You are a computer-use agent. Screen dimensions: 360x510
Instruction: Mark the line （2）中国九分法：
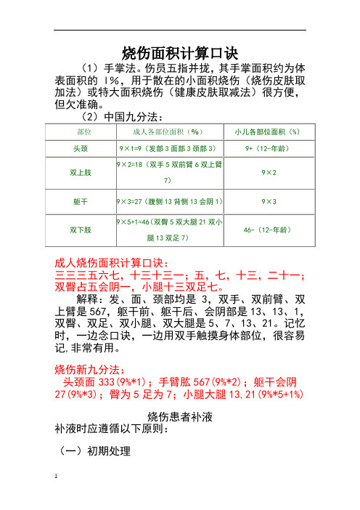click(x=121, y=116)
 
